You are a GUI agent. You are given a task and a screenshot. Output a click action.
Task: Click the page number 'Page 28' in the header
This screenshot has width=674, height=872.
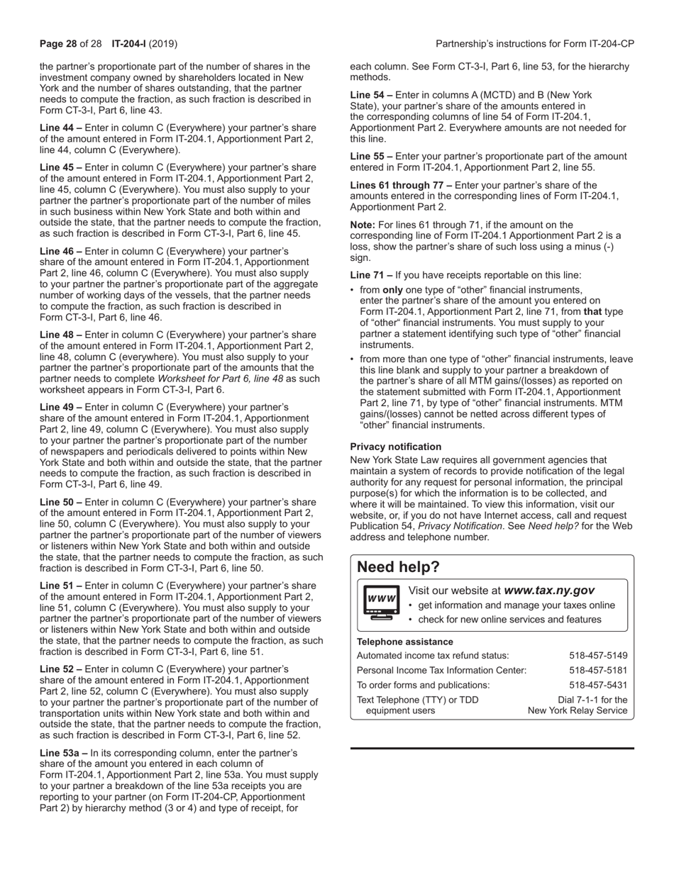57,44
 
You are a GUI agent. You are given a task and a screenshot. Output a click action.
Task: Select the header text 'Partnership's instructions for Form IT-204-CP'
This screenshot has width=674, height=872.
534,44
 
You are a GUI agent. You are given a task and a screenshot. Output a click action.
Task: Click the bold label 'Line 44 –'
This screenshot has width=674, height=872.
61,128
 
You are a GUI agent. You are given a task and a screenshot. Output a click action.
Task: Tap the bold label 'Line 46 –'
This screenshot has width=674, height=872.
61,252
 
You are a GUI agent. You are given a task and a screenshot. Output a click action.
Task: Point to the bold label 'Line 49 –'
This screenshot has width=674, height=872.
61,408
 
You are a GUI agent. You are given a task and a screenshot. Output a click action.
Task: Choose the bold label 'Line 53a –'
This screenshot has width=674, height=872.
64,753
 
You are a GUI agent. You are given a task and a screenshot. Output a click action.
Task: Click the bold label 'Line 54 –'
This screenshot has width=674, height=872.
371,95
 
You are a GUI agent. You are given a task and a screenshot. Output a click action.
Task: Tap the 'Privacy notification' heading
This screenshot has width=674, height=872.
395,447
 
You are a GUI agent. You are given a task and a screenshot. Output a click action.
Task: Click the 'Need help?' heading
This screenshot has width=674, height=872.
398,567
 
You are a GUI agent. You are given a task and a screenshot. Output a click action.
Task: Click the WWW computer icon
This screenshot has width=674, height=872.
381,603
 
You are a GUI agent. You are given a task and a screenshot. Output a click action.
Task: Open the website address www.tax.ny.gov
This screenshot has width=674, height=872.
549,591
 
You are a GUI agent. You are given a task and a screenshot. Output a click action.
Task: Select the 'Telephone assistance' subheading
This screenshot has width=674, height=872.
404,642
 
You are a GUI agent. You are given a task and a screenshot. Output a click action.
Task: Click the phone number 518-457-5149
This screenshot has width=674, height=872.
598,656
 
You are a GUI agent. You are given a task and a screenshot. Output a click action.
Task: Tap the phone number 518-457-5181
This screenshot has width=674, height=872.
598,671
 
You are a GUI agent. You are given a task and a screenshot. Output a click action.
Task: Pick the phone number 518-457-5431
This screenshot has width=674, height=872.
598,686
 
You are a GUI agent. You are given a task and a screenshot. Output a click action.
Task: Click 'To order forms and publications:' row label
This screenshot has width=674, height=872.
423,686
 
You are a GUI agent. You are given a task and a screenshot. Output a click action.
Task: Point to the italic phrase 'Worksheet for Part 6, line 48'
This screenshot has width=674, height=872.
220,379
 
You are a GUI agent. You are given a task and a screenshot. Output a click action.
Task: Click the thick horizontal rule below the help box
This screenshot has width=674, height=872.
492,748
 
